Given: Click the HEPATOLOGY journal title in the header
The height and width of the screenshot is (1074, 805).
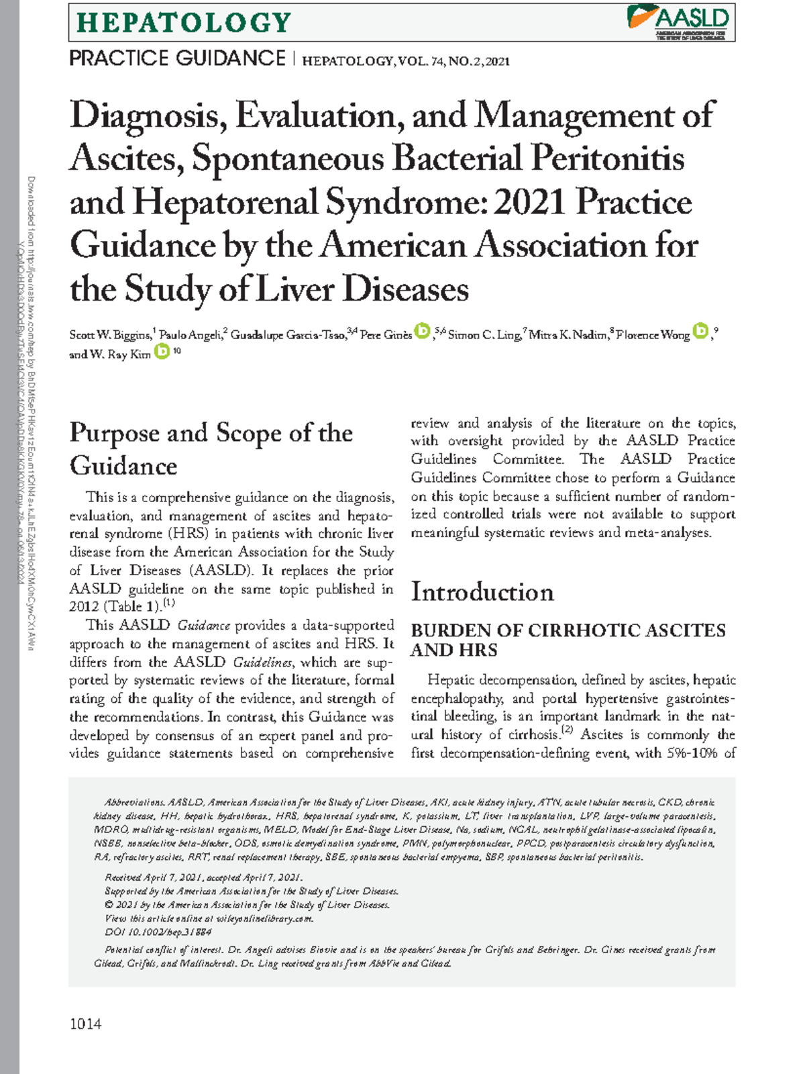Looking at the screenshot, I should pos(184,23).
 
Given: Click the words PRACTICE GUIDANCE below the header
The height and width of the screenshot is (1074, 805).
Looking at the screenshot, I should pos(177,59).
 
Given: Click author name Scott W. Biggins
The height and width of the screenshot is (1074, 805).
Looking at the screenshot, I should pos(110,335).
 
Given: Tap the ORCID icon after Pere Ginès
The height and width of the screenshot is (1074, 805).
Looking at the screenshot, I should pos(422,331).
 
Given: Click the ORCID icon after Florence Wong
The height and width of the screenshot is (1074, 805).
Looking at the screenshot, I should pos(700,331).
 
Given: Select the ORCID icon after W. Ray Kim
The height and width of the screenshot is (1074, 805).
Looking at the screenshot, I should pos(162,351).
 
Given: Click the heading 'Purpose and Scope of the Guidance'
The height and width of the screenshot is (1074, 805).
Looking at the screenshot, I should pos(211,448).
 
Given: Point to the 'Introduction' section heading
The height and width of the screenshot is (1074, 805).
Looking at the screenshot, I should pos(482,592).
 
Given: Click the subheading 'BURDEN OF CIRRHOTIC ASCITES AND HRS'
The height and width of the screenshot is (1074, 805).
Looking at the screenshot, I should pos(568,640).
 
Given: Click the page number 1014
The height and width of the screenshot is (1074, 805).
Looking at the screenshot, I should pos(85,1024).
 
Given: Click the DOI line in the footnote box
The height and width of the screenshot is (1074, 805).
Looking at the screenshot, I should pos(158,932).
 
